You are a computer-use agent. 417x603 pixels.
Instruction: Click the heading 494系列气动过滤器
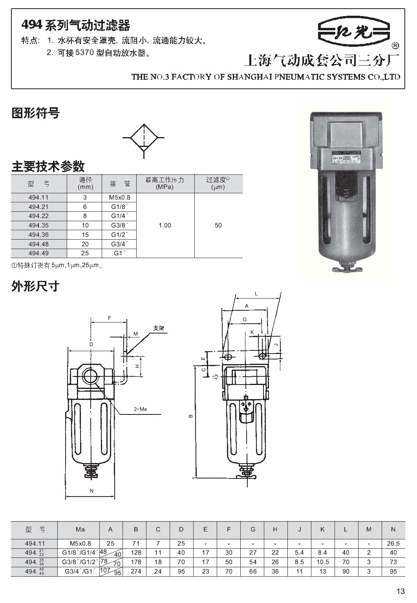tap(75, 26)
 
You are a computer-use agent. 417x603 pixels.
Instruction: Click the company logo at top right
tap(354, 32)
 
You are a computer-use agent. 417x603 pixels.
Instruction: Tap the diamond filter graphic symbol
tap(144, 138)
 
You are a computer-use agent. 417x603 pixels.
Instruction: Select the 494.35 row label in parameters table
tap(39, 225)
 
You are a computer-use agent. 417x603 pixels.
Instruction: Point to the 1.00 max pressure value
tap(165, 225)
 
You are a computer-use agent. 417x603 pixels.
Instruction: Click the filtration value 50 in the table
tap(218, 225)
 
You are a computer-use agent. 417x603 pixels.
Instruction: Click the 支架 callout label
tap(159, 328)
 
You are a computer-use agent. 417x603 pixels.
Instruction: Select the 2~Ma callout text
tap(140, 409)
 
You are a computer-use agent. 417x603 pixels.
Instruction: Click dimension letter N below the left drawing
tap(92, 491)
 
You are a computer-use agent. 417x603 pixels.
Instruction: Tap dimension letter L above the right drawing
tap(256, 294)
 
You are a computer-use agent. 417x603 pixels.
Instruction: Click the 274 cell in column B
tap(136, 572)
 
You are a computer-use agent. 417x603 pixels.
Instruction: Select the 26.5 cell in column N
tap(393, 544)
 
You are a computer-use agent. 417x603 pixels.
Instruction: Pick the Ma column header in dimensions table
tap(80, 530)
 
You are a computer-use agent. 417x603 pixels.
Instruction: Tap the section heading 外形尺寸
tap(36, 286)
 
